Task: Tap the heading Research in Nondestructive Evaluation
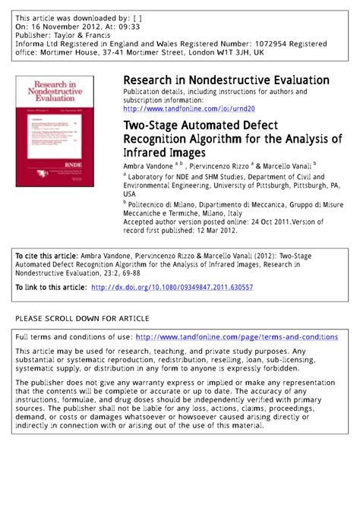pos(226,80)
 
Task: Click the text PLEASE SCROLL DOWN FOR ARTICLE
pos(82,317)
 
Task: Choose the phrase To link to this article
pos(50,288)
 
